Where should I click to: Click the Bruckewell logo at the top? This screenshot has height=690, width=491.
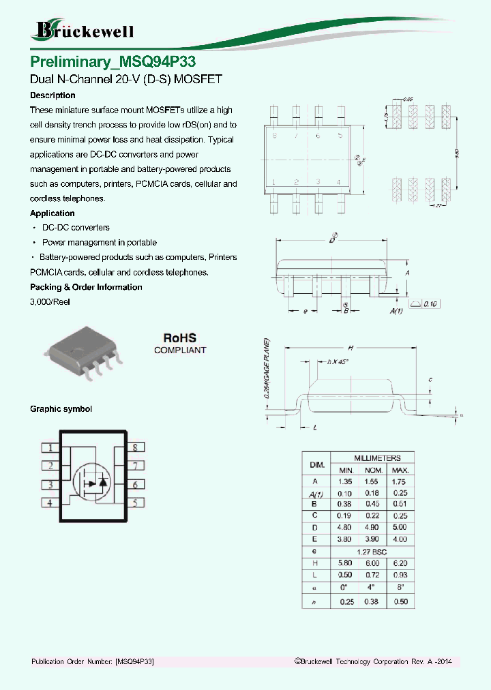pyautogui.click(x=83, y=30)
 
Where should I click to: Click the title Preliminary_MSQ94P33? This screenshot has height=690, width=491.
pyautogui.click(x=113, y=61)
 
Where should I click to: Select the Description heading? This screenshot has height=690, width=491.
pyautogui.click(x=53, y=95)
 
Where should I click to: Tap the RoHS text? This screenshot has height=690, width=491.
pyautogui.click(x=179, y=337)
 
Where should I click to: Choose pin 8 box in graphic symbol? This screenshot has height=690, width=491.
pyautogui.click(x=135, y=448)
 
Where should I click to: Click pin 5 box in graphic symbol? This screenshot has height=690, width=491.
pyautogui.click(x=135, y=503)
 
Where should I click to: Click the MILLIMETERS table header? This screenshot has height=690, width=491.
pyautogui.click(x=377, y=458)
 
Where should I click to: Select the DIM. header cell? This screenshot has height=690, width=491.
pyautogui.click(x=317, y=464)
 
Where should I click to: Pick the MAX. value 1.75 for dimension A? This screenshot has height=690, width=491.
pyautogui.click(x=400, y=481)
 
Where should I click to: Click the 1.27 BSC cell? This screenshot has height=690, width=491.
pyautogui.click(x=372, y=551)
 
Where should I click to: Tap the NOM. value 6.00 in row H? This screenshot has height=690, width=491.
pyautogui.click(x=372, y=563)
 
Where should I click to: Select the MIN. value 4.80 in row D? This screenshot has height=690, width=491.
pyautogui.click(x=344, y=528)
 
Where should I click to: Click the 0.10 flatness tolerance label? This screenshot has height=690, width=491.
pyautogui.click(x=431, y=303)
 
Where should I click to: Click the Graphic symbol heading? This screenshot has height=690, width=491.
pyautogui.click(x=61, y=409)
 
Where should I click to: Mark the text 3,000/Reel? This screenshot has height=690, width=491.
pyautogui.click(x=50, y=302)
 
